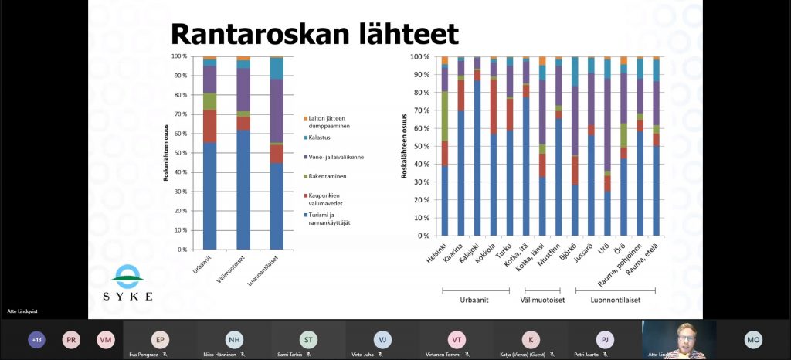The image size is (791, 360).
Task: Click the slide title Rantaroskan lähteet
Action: pyautogui.click(x=314, y=34)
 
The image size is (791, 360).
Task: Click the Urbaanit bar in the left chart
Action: pyautogui.click(x=209, y=155)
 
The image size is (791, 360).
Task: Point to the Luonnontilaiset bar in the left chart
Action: pyautogui.click(x=277, y=155)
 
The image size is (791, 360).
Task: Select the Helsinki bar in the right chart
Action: pyautogui.click(x=444, y=147)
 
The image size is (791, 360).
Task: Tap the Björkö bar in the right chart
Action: pyautogui.click(x=575, y=147)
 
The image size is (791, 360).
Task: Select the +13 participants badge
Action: pyautogui.click(x=36, y=339)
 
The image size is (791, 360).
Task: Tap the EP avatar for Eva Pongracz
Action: pyautogui.click(x=161, y=339)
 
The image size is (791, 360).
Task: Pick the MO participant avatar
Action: pyautogui.click(x=753, y=339)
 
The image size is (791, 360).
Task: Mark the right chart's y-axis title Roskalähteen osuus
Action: pyautogui.click(x=404, y=147)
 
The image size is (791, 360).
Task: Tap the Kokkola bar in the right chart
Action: pyautogui.click(x=493, y=147)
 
